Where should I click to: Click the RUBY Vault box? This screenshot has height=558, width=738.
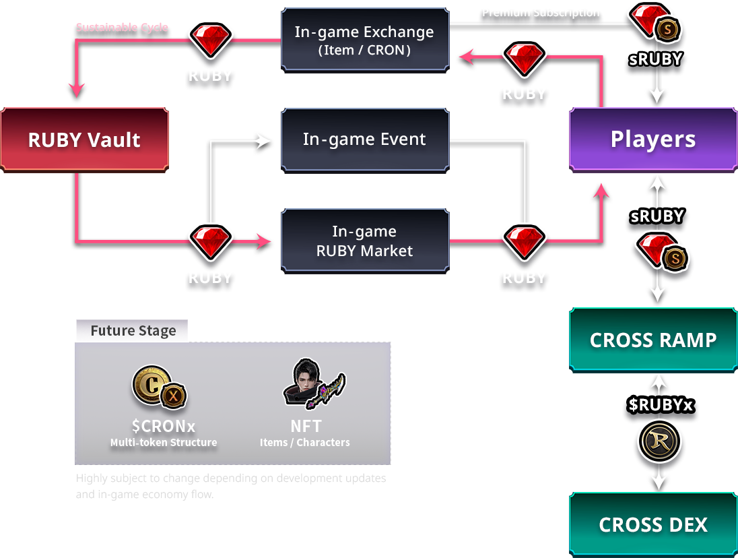[84, 139]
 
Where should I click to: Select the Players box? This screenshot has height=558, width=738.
[652, 139]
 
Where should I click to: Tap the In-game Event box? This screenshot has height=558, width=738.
[364, 139]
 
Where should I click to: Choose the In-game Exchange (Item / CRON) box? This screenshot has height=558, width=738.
[364, 39]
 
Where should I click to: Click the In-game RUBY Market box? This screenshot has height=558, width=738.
[364, 241]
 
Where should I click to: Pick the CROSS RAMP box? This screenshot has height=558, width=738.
[652, 340]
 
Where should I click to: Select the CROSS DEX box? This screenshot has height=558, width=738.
[652, 524]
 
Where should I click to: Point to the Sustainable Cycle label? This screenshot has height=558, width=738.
[122, 28]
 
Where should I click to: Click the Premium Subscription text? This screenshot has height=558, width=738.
[541, 12]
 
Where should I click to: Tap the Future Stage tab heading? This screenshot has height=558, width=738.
[133, 331]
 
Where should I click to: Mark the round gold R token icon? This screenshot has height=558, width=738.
[659, 442]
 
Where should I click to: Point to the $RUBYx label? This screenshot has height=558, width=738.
[660, 404]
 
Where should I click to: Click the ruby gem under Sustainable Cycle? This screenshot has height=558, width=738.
[210, 40]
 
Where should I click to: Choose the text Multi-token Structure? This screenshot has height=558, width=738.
[164, 443]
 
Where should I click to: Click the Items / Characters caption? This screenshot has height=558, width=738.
[305, 443]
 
